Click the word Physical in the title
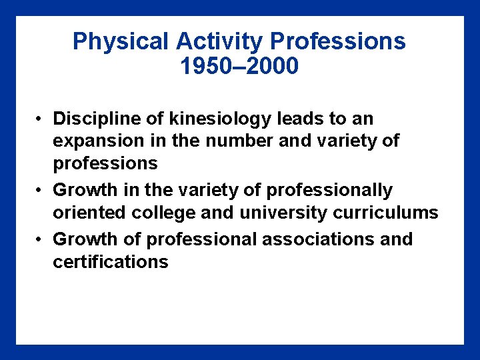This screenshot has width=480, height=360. tap(121, 41)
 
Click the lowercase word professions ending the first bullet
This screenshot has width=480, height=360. tap(105, 163)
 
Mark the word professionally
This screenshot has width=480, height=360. tap(329, 190)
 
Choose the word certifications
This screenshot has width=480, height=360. tap(111, 261)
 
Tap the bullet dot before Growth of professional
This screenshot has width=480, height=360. tap(41, 239)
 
